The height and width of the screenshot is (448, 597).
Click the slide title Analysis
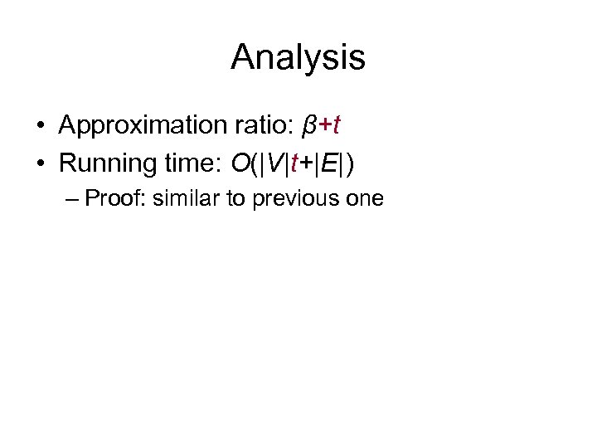tap(298, 57)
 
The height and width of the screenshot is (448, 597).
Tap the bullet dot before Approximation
tap(41, 126)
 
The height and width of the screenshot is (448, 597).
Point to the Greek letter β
tap(310, 126)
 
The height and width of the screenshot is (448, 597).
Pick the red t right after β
tap(337, 125)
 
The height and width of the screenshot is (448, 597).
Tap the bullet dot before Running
tap(41, 163)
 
